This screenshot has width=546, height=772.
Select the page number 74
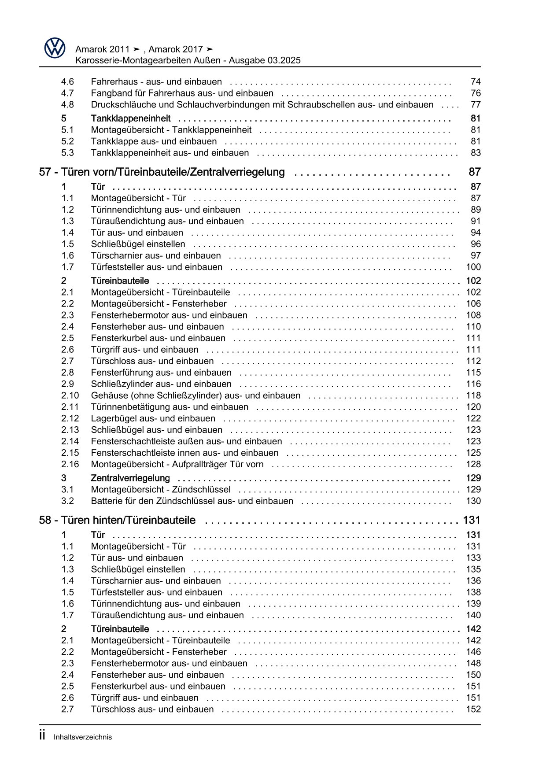pos(476,82)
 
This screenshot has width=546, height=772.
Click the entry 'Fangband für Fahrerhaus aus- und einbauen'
pos(182,93)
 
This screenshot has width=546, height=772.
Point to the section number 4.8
pos(67,105)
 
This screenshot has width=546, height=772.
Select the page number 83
pos(476,153)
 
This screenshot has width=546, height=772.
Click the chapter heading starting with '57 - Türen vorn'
pos(162,172)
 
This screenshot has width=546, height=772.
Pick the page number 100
pos(473,267)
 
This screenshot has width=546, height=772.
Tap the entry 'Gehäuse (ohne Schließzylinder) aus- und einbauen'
pos(196,396)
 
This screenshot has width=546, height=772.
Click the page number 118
pos(473,396)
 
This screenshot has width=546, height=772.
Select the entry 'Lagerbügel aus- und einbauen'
pos(153,419)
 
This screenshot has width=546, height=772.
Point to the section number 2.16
pos(70,465)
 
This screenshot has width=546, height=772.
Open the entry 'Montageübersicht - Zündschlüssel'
pos(161,490)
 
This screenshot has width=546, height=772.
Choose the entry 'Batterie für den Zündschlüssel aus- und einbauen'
pos(192,501)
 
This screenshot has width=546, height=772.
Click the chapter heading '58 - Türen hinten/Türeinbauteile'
pos(117,521)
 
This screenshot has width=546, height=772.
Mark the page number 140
pos(473,616)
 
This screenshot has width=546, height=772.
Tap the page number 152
pos(473,709)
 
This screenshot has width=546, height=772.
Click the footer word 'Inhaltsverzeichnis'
pos(83,737)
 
